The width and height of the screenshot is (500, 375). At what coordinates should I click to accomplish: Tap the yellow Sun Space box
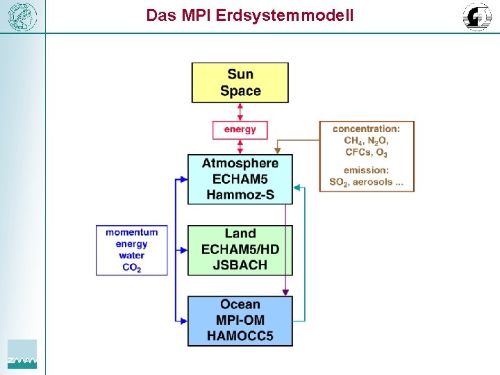point(240,83)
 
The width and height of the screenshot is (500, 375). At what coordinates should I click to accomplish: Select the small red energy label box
point(240,129)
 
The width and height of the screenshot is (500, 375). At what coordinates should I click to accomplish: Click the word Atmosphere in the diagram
point(240,163)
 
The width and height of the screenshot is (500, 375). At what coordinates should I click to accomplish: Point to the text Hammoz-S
point(240,194)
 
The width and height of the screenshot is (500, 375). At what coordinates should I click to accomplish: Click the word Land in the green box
point(240,234)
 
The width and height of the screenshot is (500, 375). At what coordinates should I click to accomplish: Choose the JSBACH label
point(240,265)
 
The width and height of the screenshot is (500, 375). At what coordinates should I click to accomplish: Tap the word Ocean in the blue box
point(240,305)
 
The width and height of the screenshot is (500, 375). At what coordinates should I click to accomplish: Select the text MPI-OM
point(240,321)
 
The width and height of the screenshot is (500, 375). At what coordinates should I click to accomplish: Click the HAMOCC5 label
point(240,337)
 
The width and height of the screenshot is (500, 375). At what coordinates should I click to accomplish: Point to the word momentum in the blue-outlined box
point(132,233)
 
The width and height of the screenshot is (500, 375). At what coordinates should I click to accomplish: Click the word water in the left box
point(132,256)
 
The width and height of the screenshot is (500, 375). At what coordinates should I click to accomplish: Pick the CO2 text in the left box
point(132,267)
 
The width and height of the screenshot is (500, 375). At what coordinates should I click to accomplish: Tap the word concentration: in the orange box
point(366,129)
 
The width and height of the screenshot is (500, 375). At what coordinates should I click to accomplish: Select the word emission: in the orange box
point(366,170)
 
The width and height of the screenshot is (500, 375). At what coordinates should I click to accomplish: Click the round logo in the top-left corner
point(22,16)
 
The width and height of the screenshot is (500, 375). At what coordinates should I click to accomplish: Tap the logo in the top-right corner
point(477,16)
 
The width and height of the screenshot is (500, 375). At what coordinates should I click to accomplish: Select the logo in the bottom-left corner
point(22,354)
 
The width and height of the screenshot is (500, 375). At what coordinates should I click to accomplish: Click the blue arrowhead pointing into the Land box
point(183,250)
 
